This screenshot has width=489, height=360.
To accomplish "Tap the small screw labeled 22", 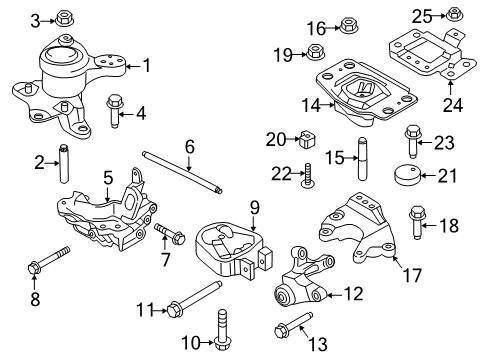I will (311, 177).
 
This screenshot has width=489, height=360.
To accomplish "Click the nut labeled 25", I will (453, 14).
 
